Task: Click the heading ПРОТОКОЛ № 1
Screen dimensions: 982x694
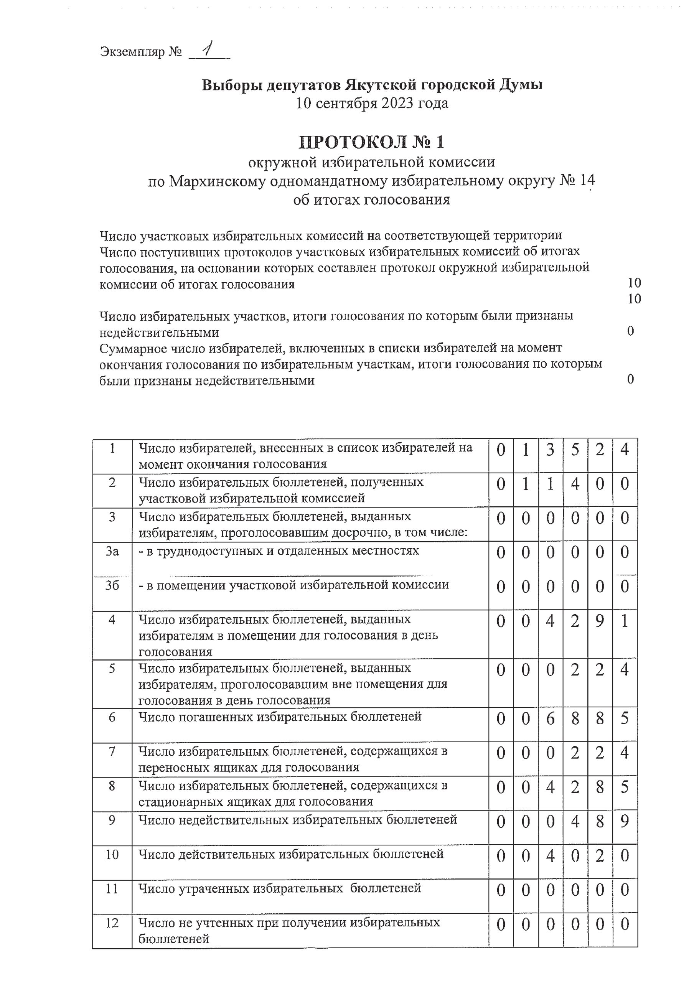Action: point(371,142)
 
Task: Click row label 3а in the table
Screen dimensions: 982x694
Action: point(112,551)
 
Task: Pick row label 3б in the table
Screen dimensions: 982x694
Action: point(112,585)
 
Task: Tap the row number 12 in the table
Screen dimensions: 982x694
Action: point(112,923)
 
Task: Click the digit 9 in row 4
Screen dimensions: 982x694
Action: point(600,621)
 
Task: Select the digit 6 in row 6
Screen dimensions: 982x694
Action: point(550,718)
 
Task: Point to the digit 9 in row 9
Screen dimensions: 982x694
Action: point(625,821)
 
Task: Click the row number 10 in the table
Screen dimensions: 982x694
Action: point(112,855)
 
